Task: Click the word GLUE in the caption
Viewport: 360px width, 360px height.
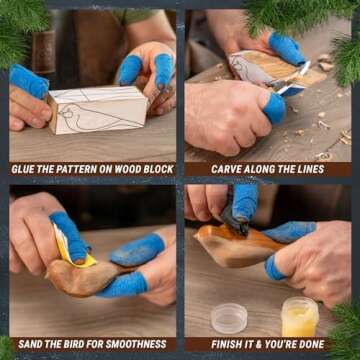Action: pyautogui.click(x=26, y=169)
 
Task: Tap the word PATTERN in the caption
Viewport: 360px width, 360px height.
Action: pyautogui.click(x=83, y=169)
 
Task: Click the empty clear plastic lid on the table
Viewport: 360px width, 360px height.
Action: pyautogui.click(x=228, y=317)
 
